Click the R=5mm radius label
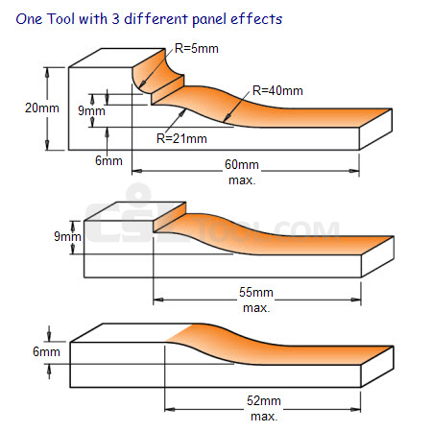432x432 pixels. coord(197,49)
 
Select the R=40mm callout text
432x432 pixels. coord(277,90)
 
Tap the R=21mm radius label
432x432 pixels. coord(181,138)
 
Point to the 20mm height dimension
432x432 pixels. coord(42,108)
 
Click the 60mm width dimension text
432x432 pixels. coord(242,164)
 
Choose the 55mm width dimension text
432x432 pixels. coord(256,292)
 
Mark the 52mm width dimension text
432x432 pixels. coord(264,400)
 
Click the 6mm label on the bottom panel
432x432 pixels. coord(46,351)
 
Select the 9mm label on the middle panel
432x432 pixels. coord(67,236)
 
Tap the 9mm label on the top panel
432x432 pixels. coord(91,110)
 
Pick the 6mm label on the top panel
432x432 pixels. coord(108,160)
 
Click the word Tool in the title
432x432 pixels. coord(61,19)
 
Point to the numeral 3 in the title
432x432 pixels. coord(115,19)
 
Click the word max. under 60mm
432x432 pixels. coord(242,180)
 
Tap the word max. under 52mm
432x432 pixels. coord(264,417)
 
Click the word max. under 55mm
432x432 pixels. coord(256,308)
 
